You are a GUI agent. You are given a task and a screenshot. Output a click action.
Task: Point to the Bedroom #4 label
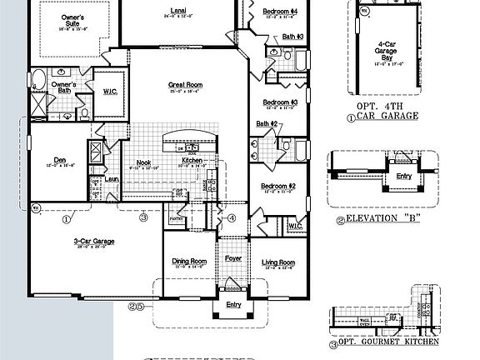280,11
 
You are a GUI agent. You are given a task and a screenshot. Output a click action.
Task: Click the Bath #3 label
293,37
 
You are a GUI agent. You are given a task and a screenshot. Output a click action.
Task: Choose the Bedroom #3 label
280,102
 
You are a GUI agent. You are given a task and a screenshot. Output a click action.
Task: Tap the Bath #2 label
267,124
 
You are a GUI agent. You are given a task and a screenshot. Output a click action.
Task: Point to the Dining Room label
188,262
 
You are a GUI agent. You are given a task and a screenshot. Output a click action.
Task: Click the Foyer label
233,258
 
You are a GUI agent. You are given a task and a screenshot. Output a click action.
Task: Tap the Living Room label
278,262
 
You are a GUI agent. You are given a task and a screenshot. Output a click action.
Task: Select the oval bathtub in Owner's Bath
39,81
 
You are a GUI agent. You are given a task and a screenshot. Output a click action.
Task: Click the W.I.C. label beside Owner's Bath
110,92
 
